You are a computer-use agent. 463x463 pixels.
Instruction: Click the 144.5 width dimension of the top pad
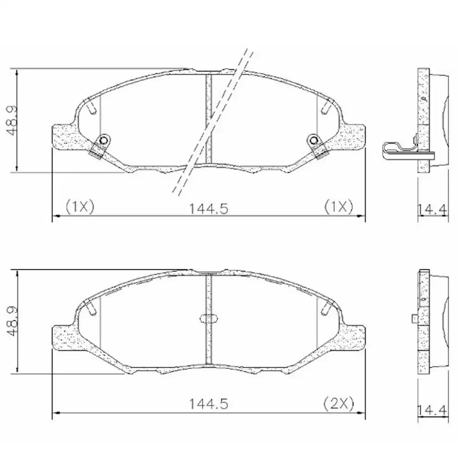point(208,209)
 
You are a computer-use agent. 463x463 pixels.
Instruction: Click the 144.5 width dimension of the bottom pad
point(208,404)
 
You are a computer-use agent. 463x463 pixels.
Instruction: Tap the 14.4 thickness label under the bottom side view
point(432,410)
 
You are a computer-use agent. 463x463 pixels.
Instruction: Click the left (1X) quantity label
point(80,206)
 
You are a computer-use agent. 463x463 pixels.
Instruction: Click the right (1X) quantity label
point(338,206)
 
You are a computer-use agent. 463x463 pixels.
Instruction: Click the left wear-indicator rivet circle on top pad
point(104,141)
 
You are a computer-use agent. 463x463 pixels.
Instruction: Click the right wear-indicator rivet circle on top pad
point(314,140)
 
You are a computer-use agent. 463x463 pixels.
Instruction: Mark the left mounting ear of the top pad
point(65,137)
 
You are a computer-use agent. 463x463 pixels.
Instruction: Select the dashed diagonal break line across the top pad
point(213,120)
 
